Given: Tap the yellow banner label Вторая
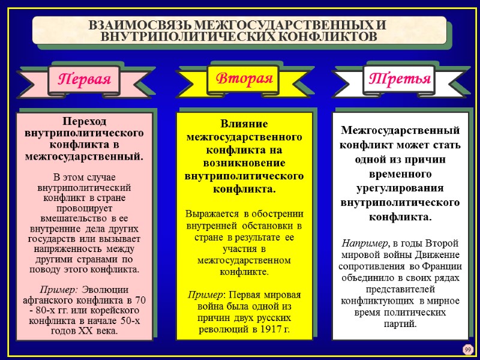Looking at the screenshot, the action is (x=244, y=78).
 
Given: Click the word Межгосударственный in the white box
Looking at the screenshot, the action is (x=400, y=131).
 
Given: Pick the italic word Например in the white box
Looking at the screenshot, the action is (x=365, y=243).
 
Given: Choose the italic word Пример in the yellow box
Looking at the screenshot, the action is (x=204, y=295).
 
